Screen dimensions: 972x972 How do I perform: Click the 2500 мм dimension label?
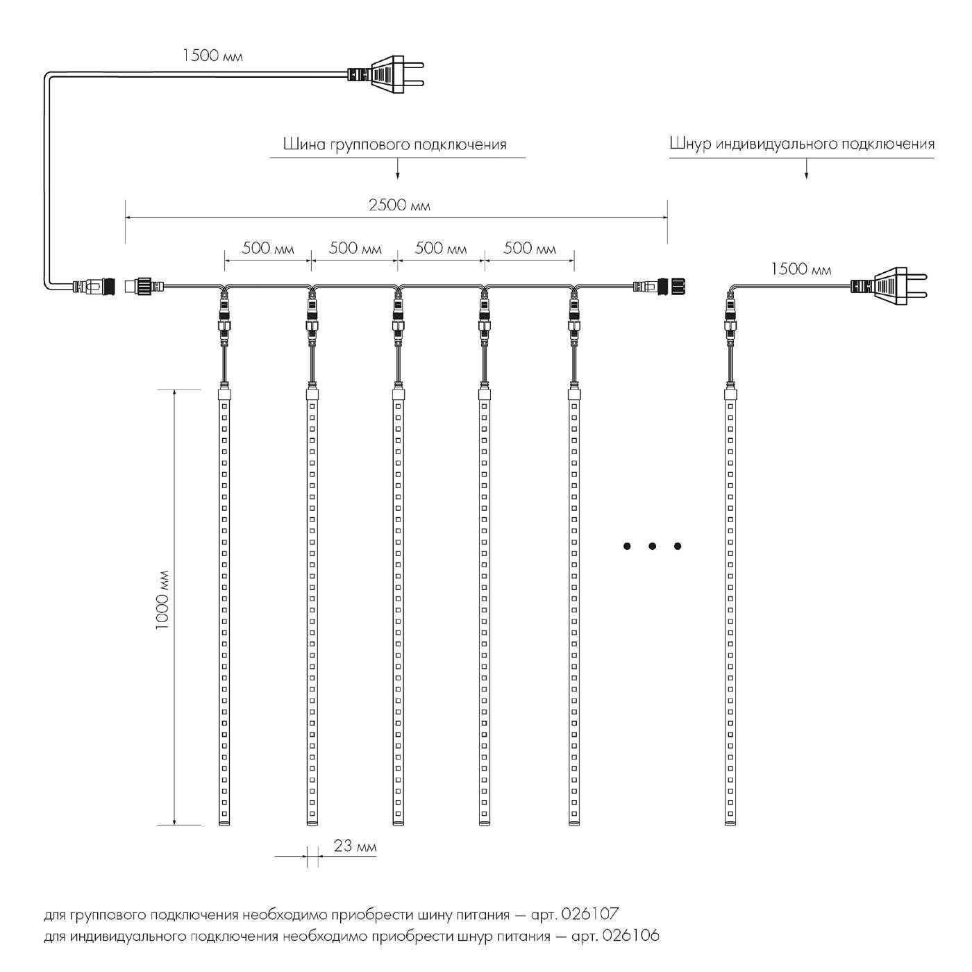(399, 206)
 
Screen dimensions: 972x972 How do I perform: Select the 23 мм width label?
(355, 846)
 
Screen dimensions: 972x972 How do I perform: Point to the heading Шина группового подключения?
(394, 144)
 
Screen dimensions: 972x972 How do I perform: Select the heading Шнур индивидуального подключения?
(802, 144)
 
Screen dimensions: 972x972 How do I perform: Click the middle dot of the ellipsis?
(652, 546)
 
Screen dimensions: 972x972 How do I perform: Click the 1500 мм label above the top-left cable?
(212, 56)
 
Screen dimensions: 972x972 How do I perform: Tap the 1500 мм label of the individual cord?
(801, 269)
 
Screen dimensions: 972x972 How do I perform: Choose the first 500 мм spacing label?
(268, 249)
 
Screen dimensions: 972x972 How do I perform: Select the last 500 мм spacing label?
(529, 249)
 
